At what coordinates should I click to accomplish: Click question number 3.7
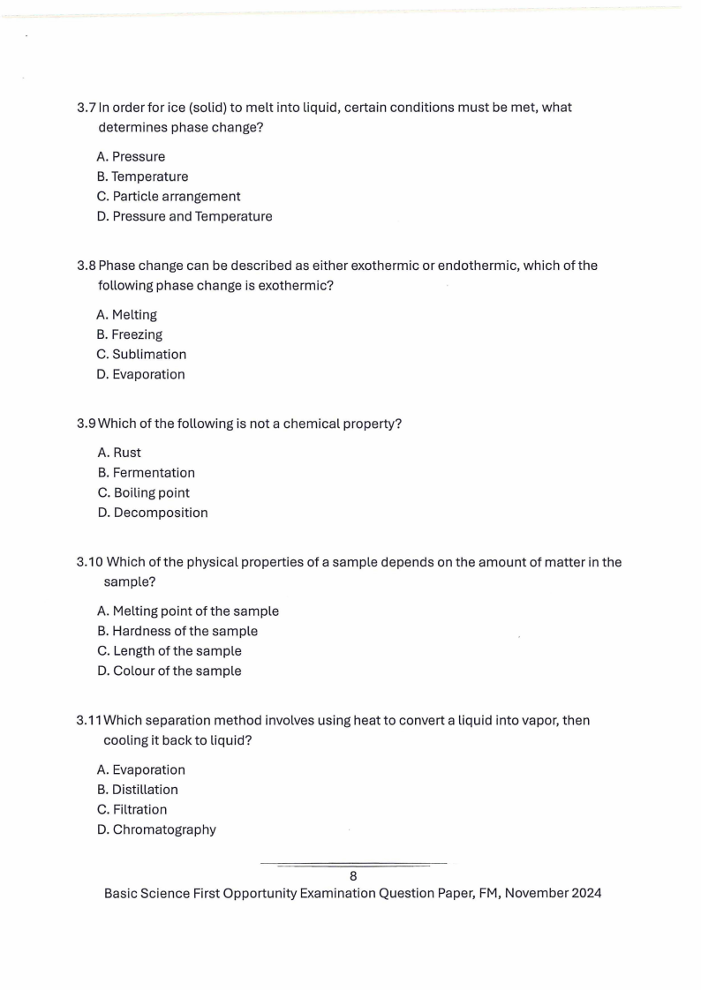coord(87,108)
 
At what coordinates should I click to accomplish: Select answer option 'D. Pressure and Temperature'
coord(185,216)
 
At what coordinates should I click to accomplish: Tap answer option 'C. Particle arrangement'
coord(168,196)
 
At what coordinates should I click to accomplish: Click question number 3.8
coord(87,266)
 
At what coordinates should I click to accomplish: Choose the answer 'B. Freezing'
coord(129,334)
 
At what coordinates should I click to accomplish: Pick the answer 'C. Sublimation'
coord(141,354)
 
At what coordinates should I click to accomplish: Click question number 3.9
coord(87,424)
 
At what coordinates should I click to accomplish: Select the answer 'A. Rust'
coord(119,453)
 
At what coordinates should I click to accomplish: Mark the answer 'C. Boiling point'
coord(143,492)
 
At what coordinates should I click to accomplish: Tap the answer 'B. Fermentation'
coord(146,472)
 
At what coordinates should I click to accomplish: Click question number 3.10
coord(90,562)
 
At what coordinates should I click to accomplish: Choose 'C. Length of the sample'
coord(169,651)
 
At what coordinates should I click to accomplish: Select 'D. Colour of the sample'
coord(169,671)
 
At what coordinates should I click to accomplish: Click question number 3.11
coord(90,720)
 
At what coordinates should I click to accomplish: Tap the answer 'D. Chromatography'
coord(156,829)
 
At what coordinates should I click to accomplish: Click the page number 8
coord(353,876)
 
